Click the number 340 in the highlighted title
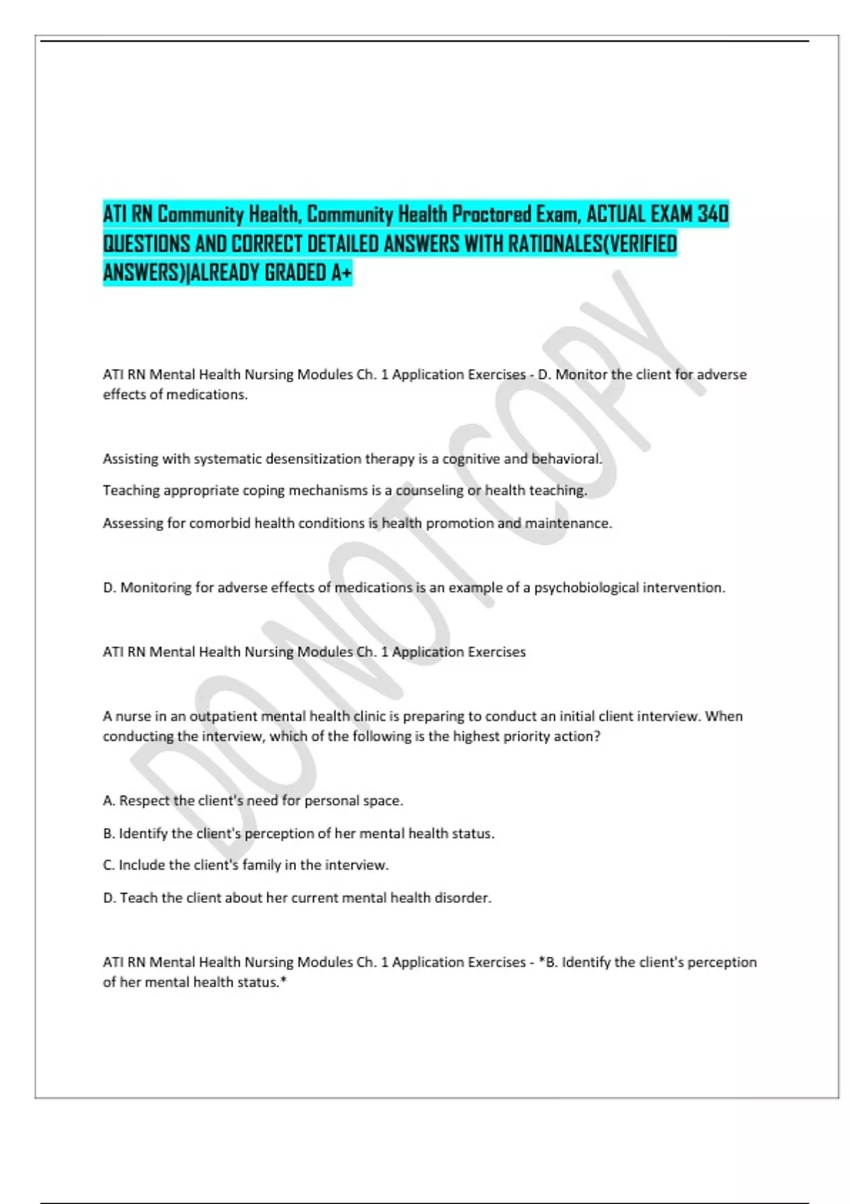point(713,214)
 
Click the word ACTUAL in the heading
point(616,214)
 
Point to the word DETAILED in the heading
point(344,244)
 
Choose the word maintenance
point(568,523)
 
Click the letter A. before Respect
point(109,801)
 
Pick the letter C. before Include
point(109,865)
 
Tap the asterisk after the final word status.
point(283,982)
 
